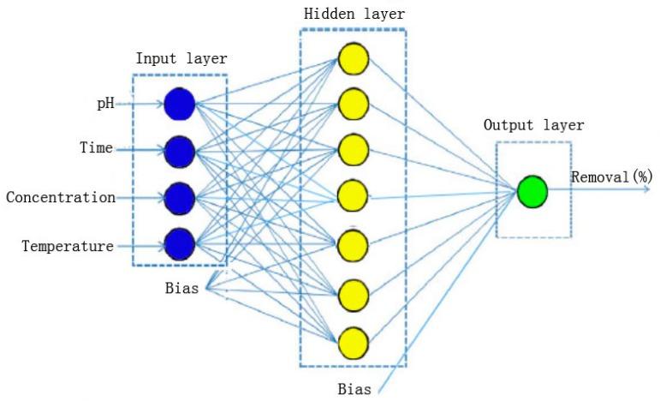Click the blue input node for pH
tap(180, 105)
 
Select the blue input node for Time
tap(180, 151)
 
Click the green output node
tap(532, 192)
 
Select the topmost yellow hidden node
tap(353, 59)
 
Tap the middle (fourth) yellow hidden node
tap(353, 197)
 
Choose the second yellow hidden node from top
tap(353, 105)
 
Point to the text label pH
tap(104, 104)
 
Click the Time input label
tap(97, 149)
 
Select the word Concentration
tap(60, 198)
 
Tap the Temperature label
tap(68, 247)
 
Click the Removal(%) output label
tap(611, 177)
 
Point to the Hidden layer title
tap(354, 15)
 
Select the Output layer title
tap(533, 125)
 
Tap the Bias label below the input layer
tap(181, 288)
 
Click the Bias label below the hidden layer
tap(354, 389)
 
